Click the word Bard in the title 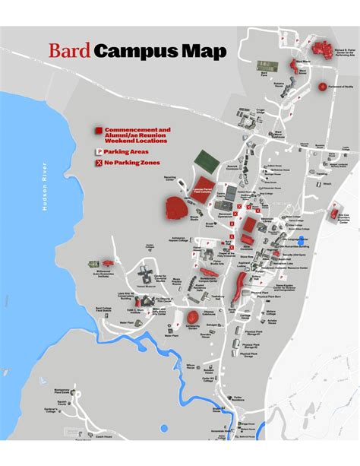[x=70, y=52]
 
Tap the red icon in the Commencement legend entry [x=98, y=132]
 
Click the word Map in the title [x=204, y=52]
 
